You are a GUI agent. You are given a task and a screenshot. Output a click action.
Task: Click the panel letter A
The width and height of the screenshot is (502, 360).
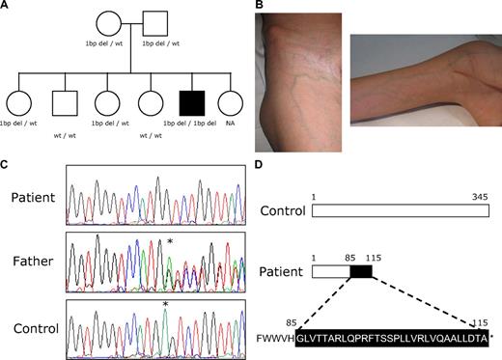coord(6,6)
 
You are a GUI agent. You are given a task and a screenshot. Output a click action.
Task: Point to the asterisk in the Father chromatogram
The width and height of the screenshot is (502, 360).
coord(170,241)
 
